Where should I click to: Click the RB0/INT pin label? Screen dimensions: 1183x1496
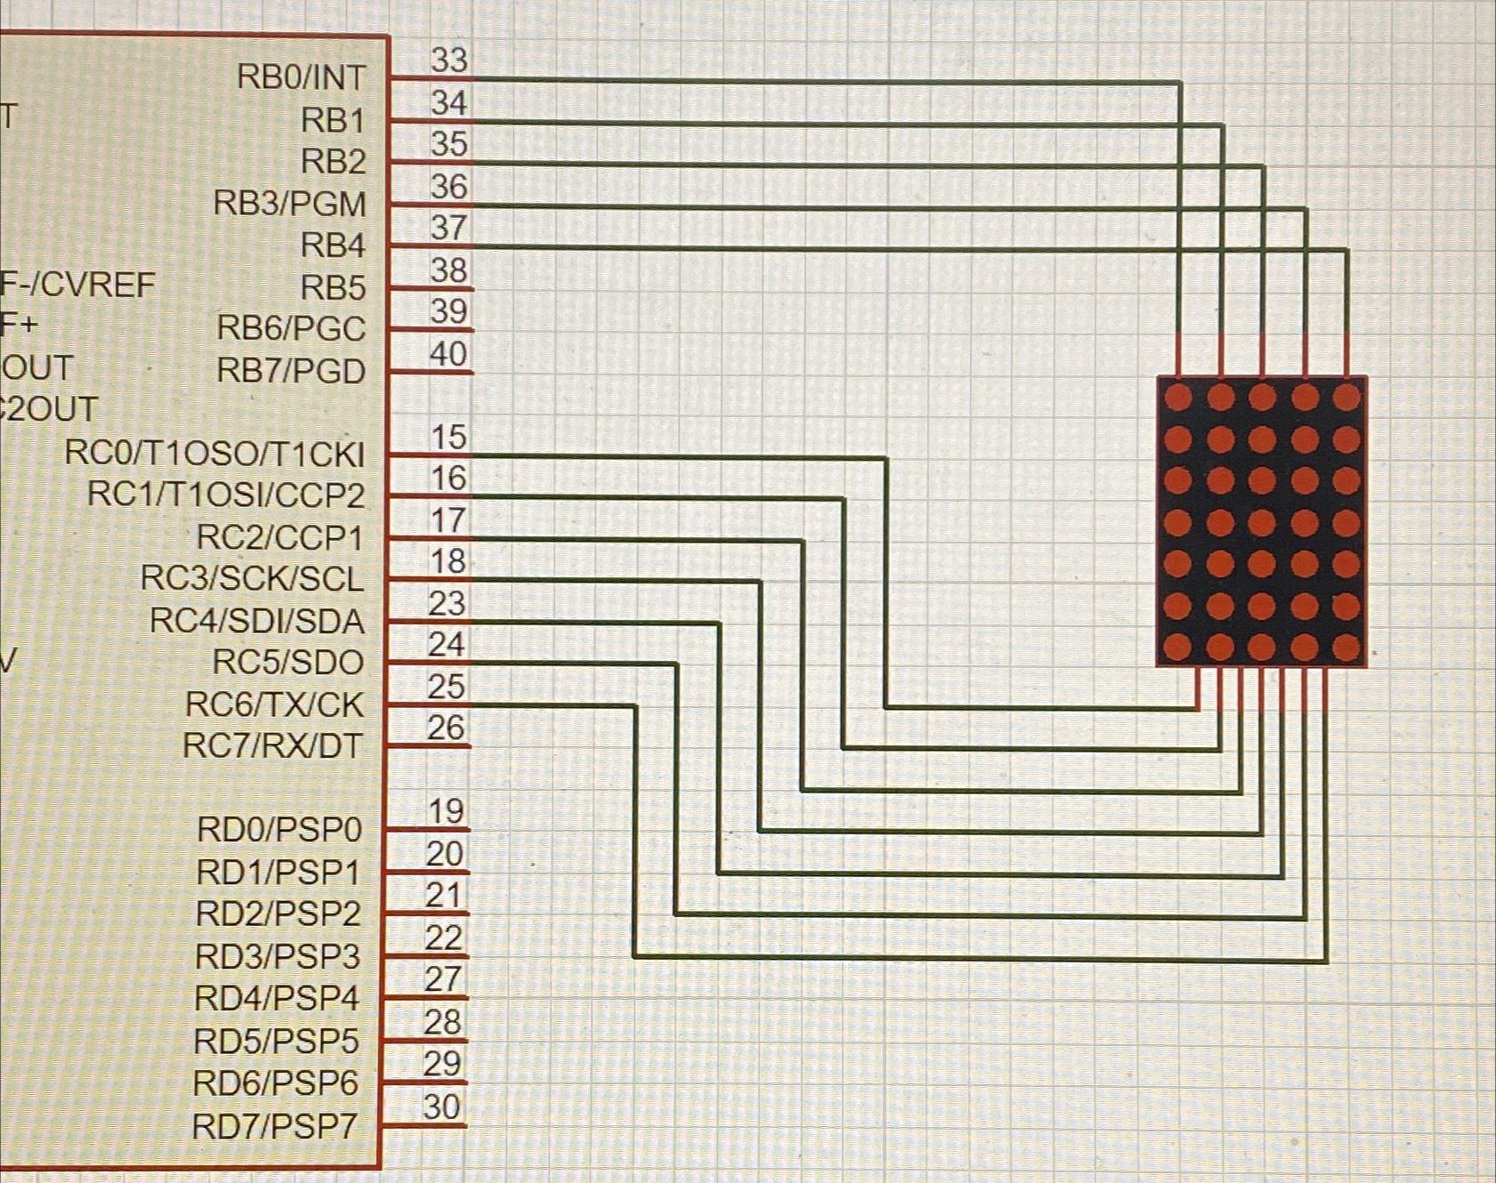[x=301, y=77]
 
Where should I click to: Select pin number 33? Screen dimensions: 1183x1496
[x=449, y=60]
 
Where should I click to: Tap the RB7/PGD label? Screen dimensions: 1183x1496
[x=291, y=370]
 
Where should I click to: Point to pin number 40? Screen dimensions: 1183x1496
[x=448, y=353]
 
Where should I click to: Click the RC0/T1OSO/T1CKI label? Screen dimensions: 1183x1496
[x=214, y=454]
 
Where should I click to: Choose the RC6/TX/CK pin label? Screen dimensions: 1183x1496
[x=274, y=704]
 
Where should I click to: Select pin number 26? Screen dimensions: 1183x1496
[x=446, y=728]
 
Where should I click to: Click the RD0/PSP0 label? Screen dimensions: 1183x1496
[x=278, y=829]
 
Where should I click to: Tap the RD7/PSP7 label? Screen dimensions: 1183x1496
[x=275, y=1126]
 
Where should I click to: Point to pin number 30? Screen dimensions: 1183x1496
[x=442, y=1107]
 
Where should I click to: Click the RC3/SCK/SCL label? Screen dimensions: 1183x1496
[x=252, y=579]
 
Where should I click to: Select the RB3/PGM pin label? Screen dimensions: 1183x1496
[x=289, y=204]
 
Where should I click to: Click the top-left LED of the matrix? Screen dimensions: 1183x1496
[x=1178, y=397]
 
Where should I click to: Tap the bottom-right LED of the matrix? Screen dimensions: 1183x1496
[x=1347, y=647]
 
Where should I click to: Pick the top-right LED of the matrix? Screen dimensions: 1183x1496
[x=1347, y=397]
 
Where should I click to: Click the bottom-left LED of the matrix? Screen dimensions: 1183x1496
[x=1178, y=647]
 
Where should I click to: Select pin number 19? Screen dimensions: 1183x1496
[x=446, y=811]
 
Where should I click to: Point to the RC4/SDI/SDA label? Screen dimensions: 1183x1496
[x=256, y=621]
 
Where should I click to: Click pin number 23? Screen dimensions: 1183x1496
[x=446, y=603]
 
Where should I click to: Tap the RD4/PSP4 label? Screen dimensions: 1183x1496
[x=277, y=998]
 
